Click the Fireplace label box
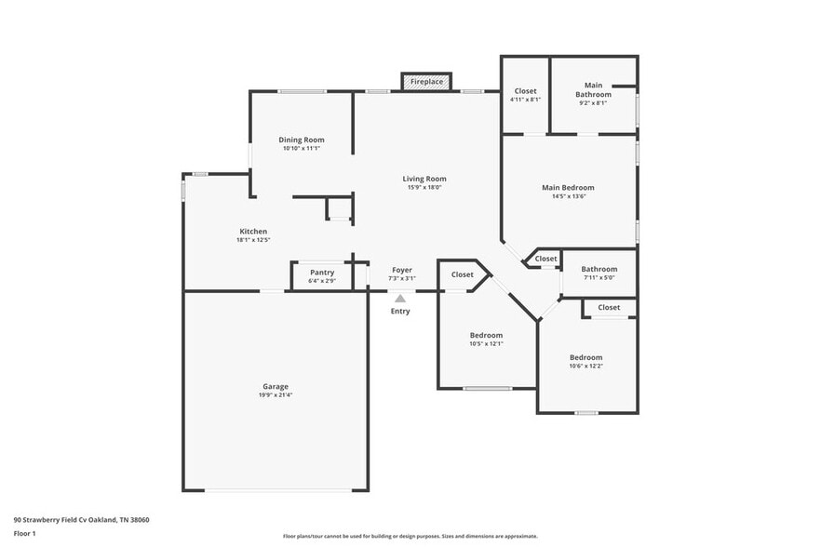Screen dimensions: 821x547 pos(426,82)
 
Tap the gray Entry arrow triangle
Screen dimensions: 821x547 pos(400,299)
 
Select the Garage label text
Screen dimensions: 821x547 pos(276,386)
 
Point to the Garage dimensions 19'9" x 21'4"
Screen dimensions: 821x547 pos(276,395)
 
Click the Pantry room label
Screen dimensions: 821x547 pos(322,273)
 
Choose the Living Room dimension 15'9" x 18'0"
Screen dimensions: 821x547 pos(424,187)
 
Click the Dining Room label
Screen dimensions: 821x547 pos(301,140)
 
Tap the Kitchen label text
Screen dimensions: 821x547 pos(253,231)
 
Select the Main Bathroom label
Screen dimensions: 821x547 pos(593,89)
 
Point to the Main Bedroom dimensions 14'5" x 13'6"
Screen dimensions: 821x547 pos(569,196)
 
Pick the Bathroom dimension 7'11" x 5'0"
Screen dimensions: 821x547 pos(599,277)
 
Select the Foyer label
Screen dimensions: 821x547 pos(402,270)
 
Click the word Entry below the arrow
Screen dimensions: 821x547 pos(400,311)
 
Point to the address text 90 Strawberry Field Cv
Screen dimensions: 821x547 pos(50,520)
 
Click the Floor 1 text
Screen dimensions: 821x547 pos(24,534)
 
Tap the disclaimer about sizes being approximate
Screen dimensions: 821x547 pos(410,536)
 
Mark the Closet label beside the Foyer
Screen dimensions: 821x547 pos(463,274)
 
